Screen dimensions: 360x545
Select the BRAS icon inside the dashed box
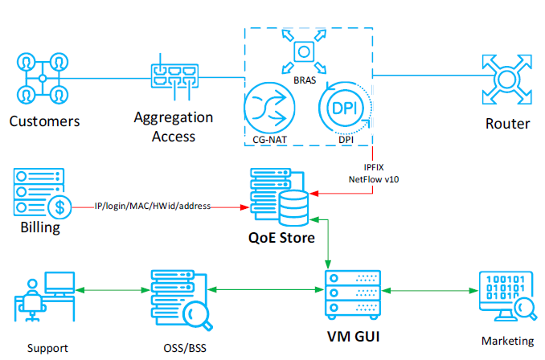(302, 53)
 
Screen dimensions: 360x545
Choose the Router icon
(507, 79)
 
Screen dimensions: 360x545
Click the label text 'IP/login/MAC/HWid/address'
(153, 207)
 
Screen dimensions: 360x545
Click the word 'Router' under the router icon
(507, 125)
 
